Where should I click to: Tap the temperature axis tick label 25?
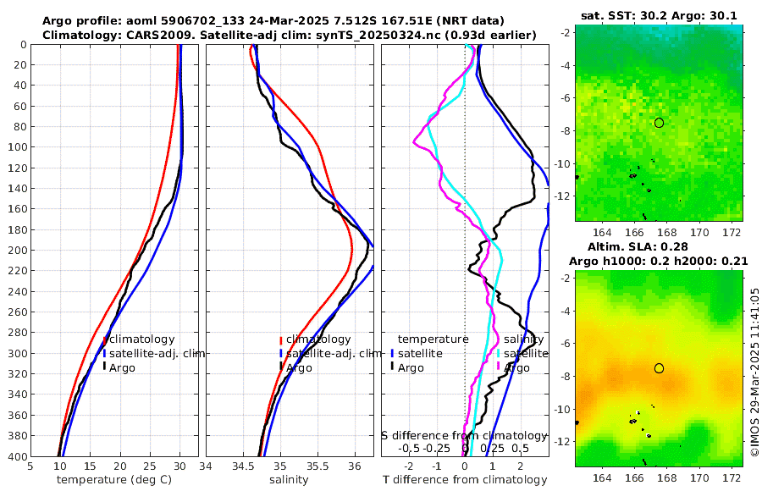pos(149,466)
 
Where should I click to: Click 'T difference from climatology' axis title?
pos(465,480)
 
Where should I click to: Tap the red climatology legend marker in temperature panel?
pos(104,339)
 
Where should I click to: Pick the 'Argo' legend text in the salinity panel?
pos(299,367)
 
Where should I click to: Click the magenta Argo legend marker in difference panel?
pos(499,367)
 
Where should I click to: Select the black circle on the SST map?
pos(659,123)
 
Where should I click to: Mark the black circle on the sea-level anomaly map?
pos(659,368)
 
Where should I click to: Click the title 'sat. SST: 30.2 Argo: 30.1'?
pos(660,16)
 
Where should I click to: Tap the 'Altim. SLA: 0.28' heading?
pos(660,245)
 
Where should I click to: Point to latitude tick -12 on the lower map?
pos(566,442)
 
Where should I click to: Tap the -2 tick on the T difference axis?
pos(409,466)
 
